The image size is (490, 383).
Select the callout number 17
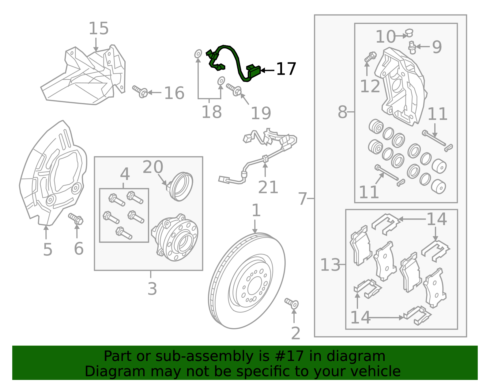286,69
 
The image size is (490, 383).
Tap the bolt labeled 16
140,91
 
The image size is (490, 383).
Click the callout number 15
99,29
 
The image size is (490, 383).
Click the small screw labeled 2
292,303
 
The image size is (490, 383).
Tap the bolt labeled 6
76,219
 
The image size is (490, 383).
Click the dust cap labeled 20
181,186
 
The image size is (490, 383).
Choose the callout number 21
268,187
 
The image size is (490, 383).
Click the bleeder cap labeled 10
409,33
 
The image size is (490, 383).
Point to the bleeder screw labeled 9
412,48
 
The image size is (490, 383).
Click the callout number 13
330,265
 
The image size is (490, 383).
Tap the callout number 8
342,112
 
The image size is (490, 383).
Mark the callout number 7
302,199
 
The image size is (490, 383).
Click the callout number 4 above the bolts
125,174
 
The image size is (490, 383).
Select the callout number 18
211,112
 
